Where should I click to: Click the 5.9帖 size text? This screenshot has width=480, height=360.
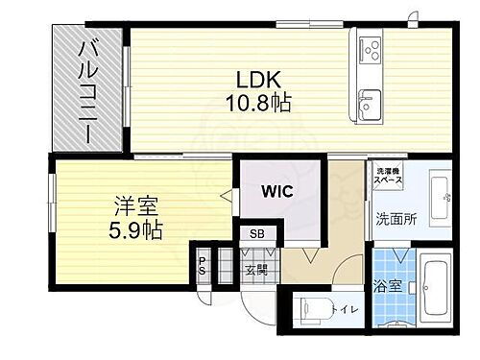pos(134,229)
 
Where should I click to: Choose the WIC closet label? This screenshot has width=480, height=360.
pos(277,191)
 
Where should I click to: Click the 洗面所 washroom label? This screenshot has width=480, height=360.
pos(395,218)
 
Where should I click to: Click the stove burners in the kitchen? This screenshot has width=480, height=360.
pos(370,47)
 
